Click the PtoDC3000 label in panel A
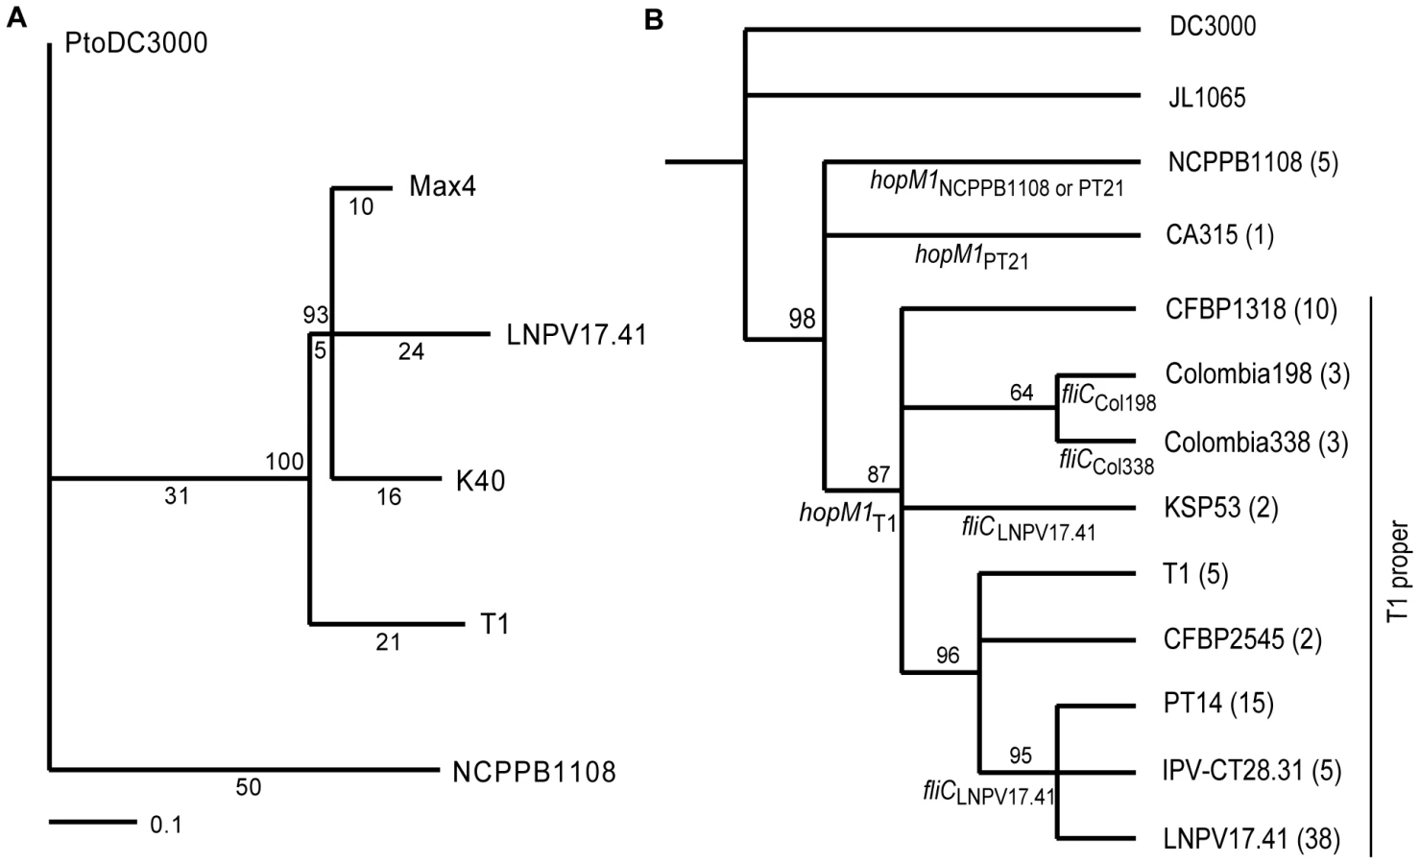136,43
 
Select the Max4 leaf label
443,186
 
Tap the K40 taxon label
480,481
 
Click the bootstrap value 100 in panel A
284,462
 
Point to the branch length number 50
249,787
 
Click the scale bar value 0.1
166,826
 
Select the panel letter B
654,19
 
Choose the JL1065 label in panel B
1207,98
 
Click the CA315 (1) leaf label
1219,235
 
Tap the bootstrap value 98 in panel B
802,318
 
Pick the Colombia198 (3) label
1258,374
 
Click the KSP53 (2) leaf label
1221,508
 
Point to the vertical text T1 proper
1397,572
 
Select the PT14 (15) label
1218,704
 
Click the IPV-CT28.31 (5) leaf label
1252,771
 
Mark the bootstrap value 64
1022,393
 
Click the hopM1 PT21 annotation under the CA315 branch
972,257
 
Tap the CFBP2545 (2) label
1242,639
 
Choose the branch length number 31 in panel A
177,496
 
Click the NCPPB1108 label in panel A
535,772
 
